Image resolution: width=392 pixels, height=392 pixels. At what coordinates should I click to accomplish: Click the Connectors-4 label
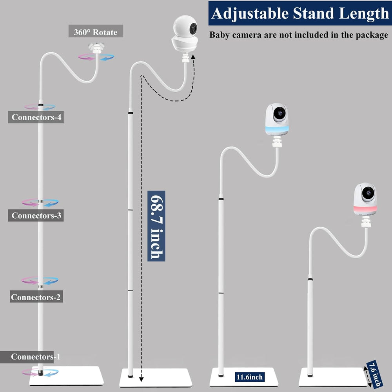click(36, 117)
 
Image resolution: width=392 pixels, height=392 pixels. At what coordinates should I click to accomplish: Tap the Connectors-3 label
click(36, 215)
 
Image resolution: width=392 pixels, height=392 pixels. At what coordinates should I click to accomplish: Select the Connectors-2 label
click(36, 297)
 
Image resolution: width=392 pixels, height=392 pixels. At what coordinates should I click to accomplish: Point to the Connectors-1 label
click(36, 357)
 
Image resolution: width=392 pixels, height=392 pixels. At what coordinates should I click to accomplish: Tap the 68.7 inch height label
click(156, 226)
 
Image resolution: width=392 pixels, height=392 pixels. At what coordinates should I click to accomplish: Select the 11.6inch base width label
click(249, 377)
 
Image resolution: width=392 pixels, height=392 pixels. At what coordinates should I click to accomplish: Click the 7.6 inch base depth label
click(375, 373)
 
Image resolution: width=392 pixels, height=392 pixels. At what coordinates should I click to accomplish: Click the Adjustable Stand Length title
click(300, 13)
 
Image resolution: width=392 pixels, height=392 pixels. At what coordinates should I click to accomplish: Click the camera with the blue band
click(278, 120)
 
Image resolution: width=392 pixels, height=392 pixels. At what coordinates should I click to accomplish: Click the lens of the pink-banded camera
click(368, 192)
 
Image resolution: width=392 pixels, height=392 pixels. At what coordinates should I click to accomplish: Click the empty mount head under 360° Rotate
click(96, 49)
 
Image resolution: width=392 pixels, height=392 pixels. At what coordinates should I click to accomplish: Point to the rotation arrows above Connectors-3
click(40, 202)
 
